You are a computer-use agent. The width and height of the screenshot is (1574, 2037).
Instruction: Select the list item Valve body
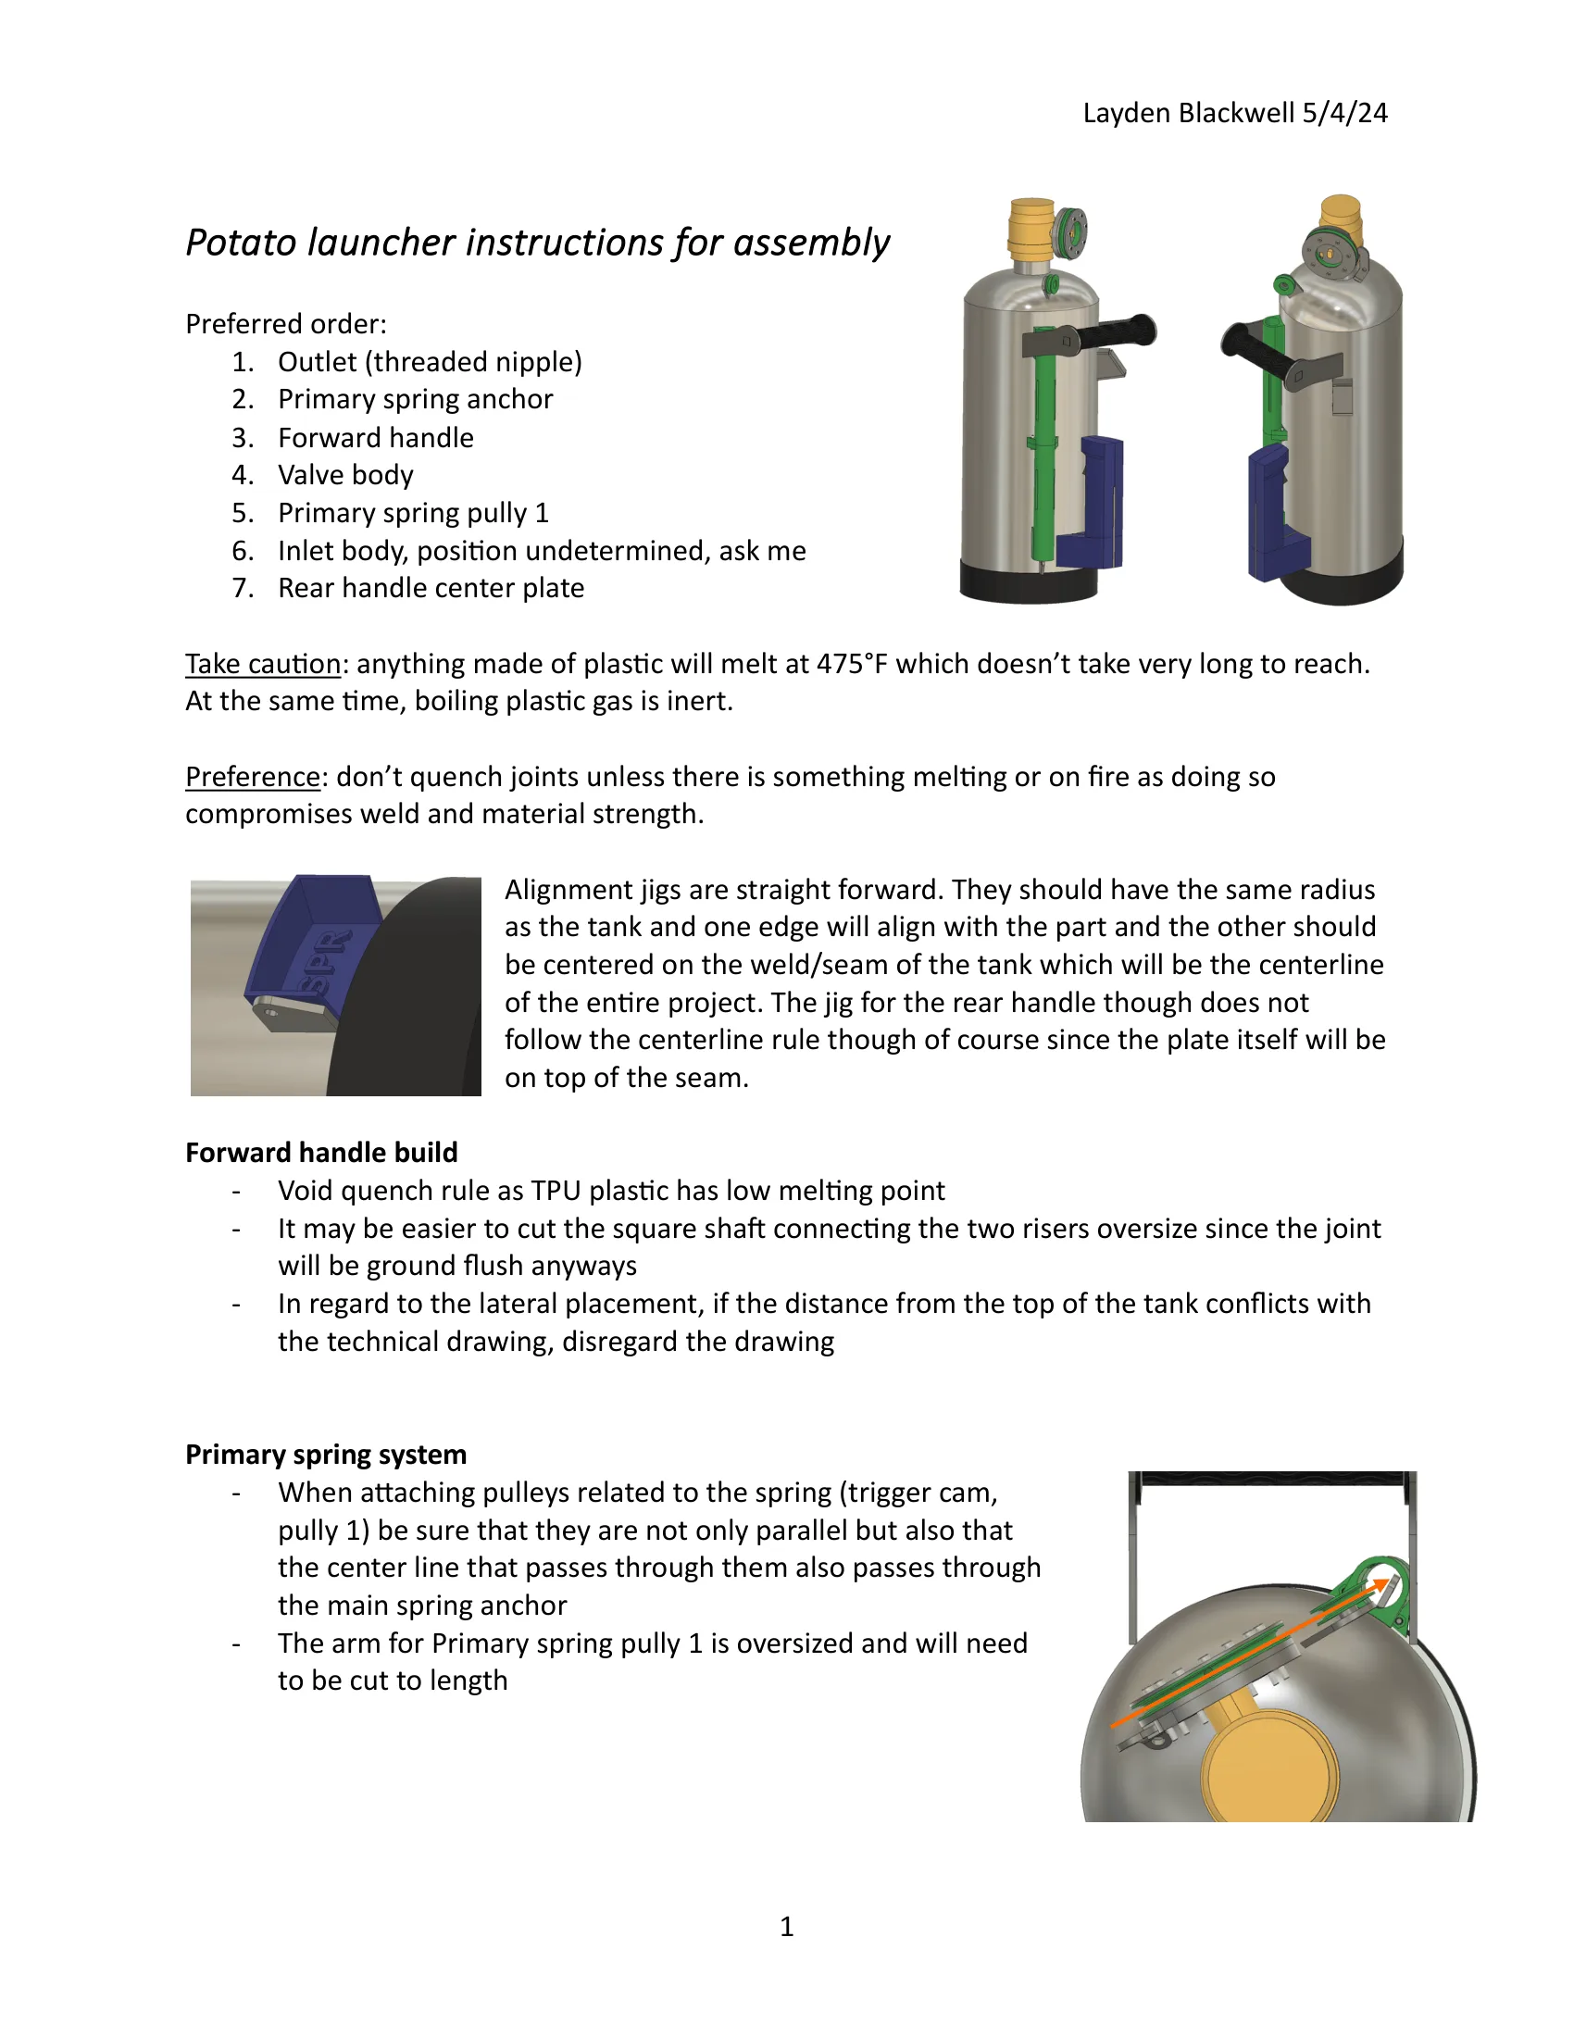tap(345, 475)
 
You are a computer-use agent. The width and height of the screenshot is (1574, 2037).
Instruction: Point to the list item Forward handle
tap(375, 437)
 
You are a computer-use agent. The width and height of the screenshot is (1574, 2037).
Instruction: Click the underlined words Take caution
tap(263, 663)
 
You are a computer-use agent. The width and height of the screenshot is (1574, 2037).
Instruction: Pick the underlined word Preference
tap(253, 776)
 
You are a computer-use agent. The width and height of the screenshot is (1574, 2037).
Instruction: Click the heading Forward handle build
tap(320, 1153)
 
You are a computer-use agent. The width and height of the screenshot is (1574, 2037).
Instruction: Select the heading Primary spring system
tap(325, 1454)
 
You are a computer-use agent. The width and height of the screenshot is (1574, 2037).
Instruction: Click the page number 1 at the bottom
tap(786, 1926)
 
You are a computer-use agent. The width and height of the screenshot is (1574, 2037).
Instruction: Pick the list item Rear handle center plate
tap(431, 588)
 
